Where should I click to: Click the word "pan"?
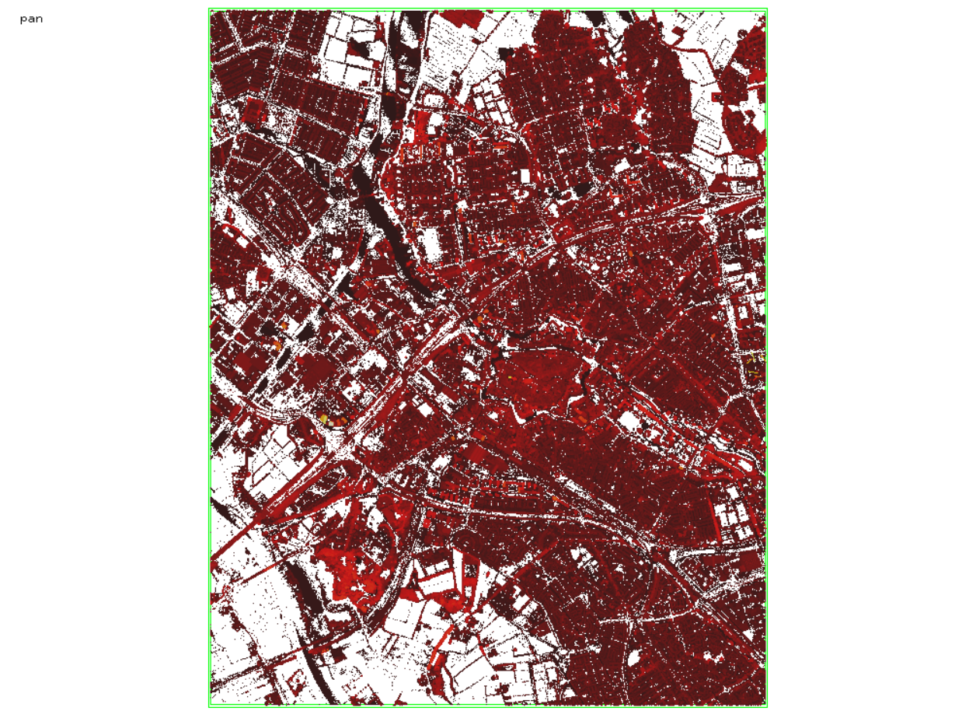tap(31, 19)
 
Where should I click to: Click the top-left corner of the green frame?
tap(210, 9)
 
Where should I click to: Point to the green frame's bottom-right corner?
tap(767, 706)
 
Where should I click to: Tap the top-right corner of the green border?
tap(767, 9)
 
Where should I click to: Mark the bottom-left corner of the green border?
tap(210, 706)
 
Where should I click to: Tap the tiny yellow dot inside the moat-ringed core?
tap(511, 378)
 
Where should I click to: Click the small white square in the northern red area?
tap(524, 176)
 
